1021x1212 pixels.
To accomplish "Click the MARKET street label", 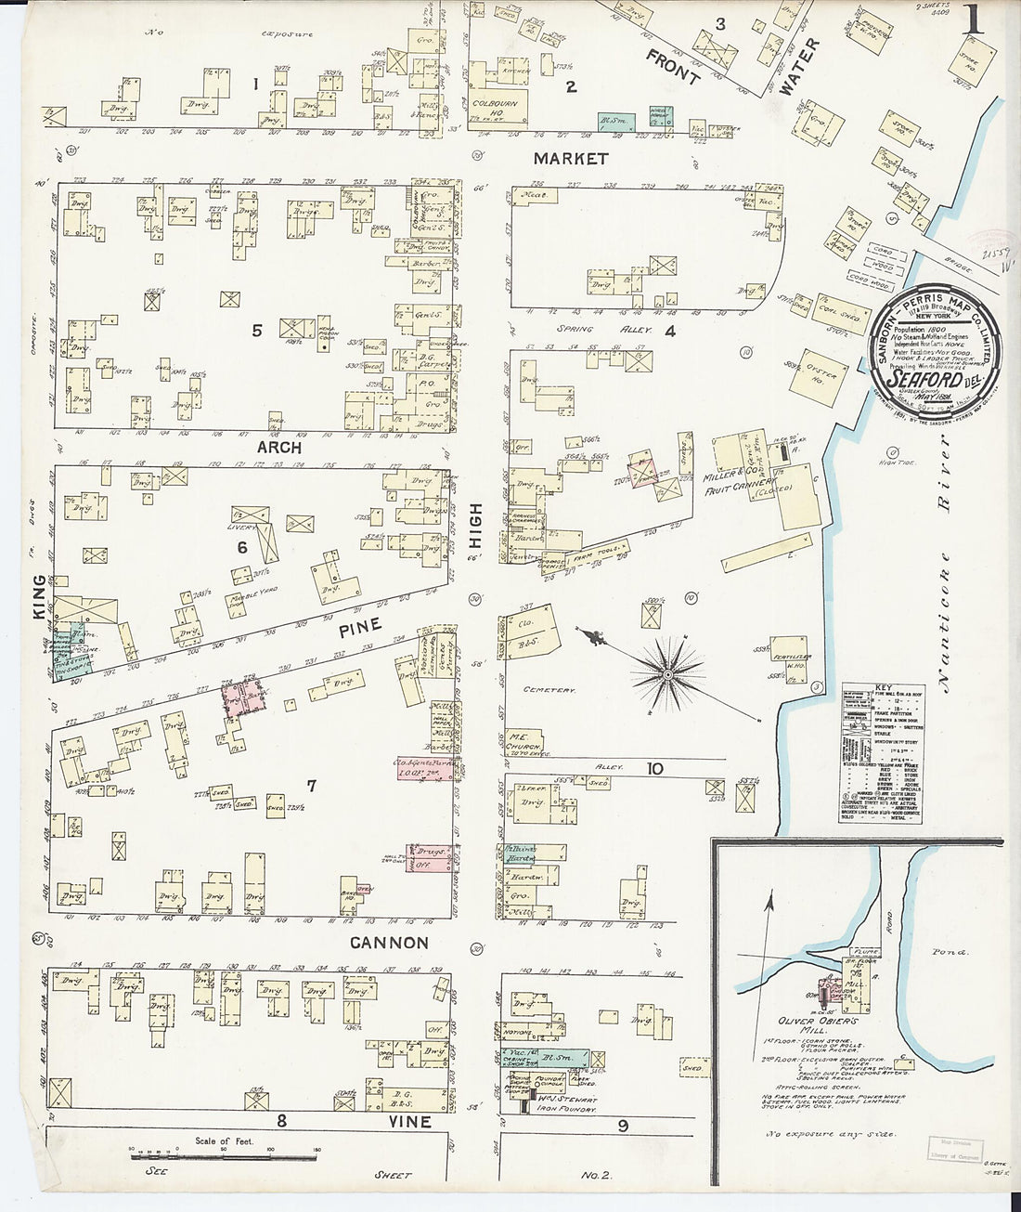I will point(570,159).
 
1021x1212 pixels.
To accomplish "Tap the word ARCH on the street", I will point(279,448).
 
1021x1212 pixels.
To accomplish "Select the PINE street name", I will point(359,627).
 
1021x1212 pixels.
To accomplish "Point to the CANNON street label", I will point(389,943).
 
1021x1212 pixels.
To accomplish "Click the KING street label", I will point(39,593).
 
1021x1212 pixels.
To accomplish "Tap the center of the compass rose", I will point(666,671).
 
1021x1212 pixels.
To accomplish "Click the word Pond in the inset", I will point(950,952).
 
